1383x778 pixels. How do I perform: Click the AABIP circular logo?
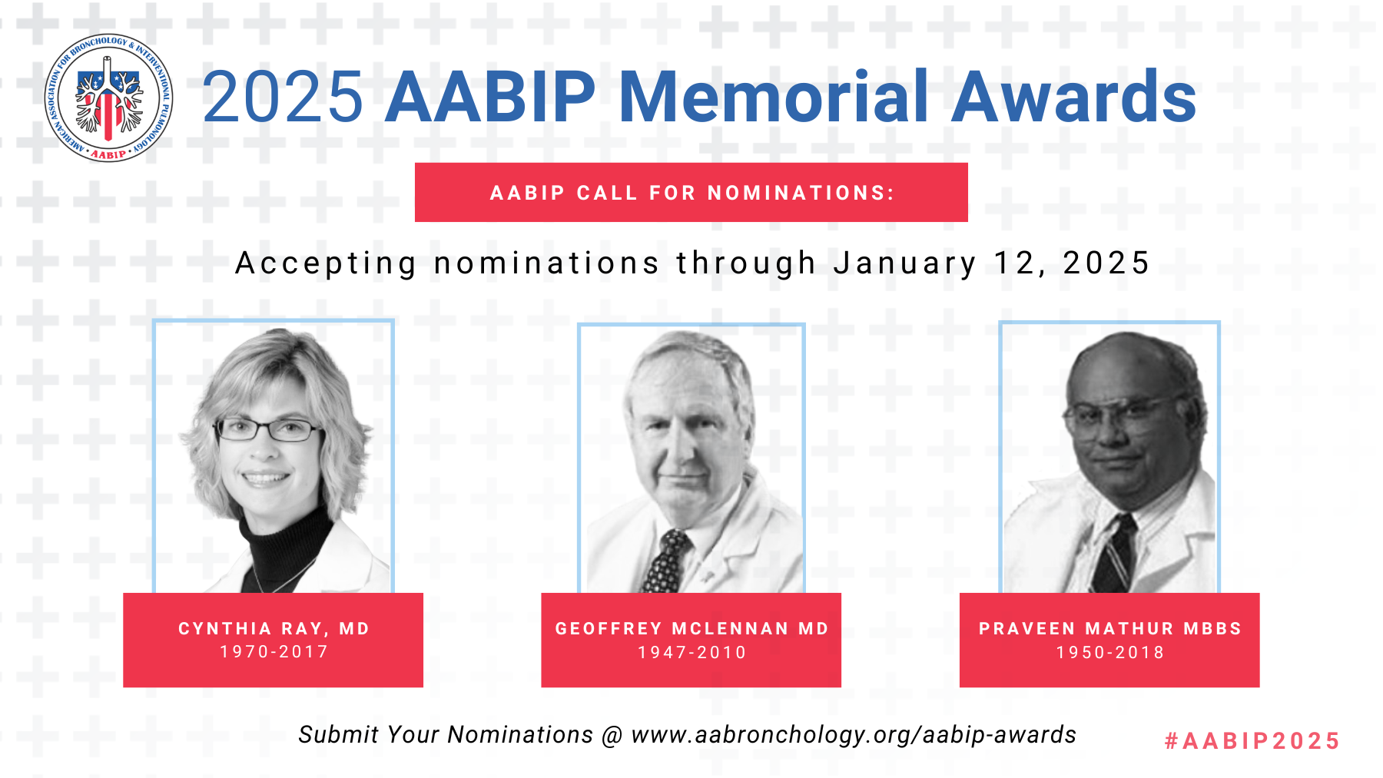click(108, 98)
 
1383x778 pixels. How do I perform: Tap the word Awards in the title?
click(1074, 97)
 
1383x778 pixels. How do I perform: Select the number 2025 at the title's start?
click(282, 98)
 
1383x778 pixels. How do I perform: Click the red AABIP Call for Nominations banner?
click(691, 192)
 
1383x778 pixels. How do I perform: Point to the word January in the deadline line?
click(905, 263)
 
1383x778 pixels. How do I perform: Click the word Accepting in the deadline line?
click(326, 263)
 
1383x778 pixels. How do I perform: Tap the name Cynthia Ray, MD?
click(274, 629)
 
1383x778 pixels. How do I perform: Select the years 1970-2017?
click(274, 652)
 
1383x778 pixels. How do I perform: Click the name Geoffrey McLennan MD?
click(692, 629)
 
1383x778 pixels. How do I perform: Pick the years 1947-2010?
click(692, 653)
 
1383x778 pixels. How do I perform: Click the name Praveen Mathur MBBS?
click(1110, 629)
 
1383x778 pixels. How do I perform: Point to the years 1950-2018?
click(1110, 653)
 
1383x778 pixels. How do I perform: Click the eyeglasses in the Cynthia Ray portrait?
click(268, 429)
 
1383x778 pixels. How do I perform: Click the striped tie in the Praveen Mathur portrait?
click(1115, 555)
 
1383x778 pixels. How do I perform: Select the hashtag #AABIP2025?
click(1252, 741)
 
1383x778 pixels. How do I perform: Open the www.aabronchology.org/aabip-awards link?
click(854, 735)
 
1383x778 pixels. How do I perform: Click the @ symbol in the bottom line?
click(612, 736)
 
